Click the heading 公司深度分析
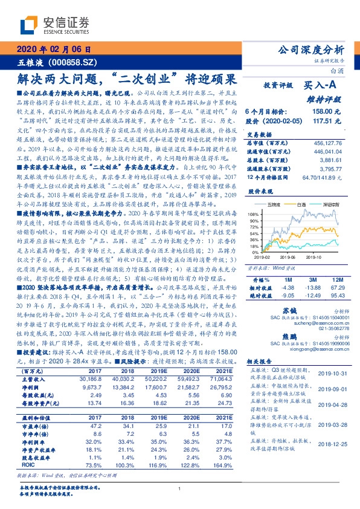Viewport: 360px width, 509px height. [309, 50]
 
